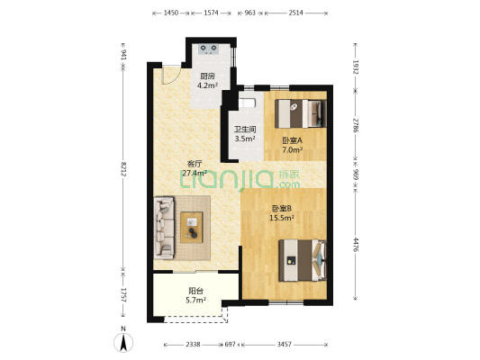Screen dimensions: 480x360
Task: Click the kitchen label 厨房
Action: coord(207,76)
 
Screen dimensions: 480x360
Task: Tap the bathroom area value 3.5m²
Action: coord(245,139)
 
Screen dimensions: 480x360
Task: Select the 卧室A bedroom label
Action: coord(293,140)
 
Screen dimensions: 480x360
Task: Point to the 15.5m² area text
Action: coord(282,218)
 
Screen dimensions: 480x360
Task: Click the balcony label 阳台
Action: coord(196,291)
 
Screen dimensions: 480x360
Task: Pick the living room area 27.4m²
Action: coord(195,173)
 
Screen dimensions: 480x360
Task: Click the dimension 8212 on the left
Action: coord(123,169)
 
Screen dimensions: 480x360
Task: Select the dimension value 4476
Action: coord(356,245)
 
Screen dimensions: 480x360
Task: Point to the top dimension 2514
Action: coord(295,13)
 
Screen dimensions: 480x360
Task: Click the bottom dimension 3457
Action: coord(285,345)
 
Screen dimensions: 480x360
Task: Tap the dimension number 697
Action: coord(231,345)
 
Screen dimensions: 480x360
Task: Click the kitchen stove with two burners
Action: coord(209,49)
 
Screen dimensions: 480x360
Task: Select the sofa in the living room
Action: coord(164,228)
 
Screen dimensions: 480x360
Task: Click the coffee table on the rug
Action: coord(192,228)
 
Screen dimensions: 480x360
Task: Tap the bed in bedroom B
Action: coord(303,260)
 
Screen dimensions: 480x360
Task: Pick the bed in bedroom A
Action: coord(301,113)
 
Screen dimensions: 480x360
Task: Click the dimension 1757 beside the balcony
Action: coord(123,295)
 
